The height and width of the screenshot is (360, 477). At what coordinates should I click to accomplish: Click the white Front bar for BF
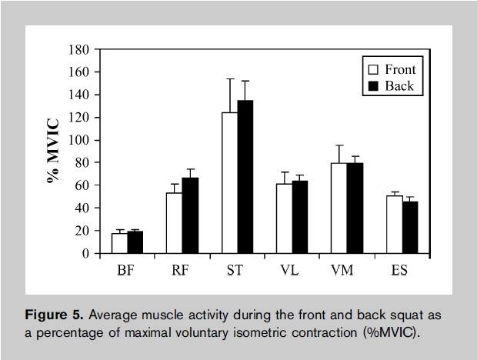point(119,243)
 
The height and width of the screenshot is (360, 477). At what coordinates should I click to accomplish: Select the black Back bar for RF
point(190,216)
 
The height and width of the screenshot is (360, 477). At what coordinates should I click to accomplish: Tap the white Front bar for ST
point(228,183)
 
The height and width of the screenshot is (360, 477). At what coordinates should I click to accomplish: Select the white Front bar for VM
point(339,208)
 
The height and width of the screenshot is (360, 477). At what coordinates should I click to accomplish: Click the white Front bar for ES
point(395,225)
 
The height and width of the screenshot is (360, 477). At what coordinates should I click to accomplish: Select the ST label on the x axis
point(237,270)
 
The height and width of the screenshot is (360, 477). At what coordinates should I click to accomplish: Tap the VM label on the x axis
point(348,270)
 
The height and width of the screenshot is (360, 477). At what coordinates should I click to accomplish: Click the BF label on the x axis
point(127,270)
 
